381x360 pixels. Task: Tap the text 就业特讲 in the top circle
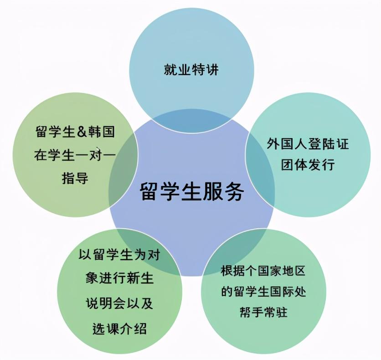(x=191, y=70)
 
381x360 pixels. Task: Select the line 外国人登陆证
(x=308, y=144)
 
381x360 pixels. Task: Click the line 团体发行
(x=308, y=164)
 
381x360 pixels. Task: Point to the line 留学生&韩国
(x=75, y=133)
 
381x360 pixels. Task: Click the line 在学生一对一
(x=75, y=155)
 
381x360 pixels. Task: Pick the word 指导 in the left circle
(x=75, y=178)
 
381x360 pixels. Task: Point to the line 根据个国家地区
(x=263, y=271)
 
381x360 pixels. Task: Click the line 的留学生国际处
(x=263, y=292)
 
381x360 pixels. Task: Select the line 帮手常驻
(x=263, y=313)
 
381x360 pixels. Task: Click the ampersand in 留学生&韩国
(x=82, y=133)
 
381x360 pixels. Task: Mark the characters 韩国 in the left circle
(x=101, y=133)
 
